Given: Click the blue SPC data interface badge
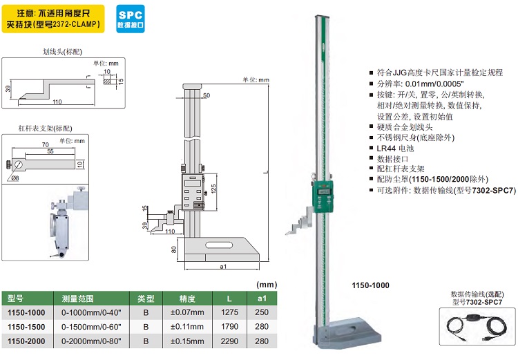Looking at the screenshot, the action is click(131, 19).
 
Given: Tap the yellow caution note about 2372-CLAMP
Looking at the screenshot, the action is click(53, 19).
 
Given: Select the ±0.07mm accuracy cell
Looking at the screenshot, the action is click(187, 312).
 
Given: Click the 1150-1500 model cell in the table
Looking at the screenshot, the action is click(26, 327).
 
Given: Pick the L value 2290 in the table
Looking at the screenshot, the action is click(229, 341).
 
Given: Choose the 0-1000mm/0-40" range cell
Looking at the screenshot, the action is click(91, 312).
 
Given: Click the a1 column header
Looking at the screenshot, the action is click(262, 299).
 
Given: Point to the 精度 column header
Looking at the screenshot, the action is click(187, 299).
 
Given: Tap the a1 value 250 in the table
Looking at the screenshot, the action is click(262, 312).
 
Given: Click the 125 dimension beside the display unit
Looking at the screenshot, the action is click(213, 189).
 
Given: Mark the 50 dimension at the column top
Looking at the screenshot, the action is click(207, 95).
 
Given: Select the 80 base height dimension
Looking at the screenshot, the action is click(174, 249).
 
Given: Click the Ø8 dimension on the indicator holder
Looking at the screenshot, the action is click(15, 178).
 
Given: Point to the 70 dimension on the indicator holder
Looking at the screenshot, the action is click(46, 145).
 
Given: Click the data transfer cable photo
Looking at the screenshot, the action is click(477, 326).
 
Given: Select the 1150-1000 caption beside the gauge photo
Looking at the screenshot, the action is click(370, 285).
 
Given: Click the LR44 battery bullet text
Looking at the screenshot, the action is click(396, 148).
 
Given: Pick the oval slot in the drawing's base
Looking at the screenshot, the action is click(219, 245).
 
